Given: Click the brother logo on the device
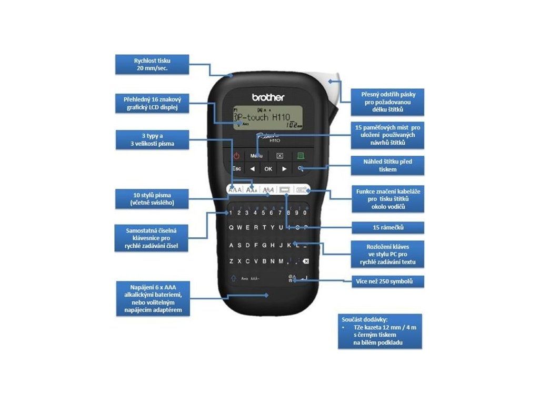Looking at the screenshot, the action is (x=268, y=97).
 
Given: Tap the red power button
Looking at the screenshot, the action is (x=236, y=156).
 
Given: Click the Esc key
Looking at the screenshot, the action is (x=236, y=169).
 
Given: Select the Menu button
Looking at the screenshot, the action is (x=256, y=156).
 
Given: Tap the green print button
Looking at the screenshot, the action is (x=301, y=156).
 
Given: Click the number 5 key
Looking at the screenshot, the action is (x=263, y=213).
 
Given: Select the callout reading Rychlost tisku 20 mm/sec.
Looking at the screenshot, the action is (x=152, y=65).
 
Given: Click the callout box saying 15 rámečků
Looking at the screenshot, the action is (x=387, y=228).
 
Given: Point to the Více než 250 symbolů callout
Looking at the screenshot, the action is (x=388, y=281).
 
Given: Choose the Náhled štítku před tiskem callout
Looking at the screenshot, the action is (x=387, y=165).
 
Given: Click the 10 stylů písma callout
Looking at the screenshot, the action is (x=152, y=199).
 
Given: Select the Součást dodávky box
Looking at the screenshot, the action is (x=380, y=331).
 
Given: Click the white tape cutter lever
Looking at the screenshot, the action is (x=333, y=89).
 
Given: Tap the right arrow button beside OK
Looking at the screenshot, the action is (x=284, y=169).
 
